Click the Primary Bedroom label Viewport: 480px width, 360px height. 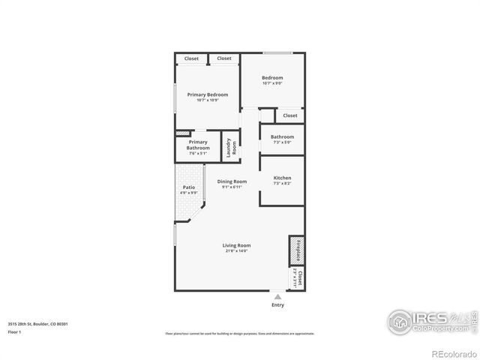click(207, 94)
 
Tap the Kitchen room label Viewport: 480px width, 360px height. click(282, 178)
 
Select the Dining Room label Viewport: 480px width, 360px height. click(232, 181)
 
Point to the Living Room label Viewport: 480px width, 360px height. click(235, 245)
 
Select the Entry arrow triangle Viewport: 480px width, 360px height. click(277, 297)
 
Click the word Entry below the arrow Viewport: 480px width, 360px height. click(277, 305)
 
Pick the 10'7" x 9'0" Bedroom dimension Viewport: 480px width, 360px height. click(271, 83)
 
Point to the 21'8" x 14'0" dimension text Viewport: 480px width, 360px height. click(235, 251)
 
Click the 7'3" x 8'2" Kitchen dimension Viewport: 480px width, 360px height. click(282, 183)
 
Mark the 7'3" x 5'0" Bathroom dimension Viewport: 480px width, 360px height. click(282, 142)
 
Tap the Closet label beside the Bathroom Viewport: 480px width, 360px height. click(289, 115)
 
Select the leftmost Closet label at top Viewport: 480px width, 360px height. click(191, 58)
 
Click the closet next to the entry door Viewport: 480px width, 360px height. click(297, 278)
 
